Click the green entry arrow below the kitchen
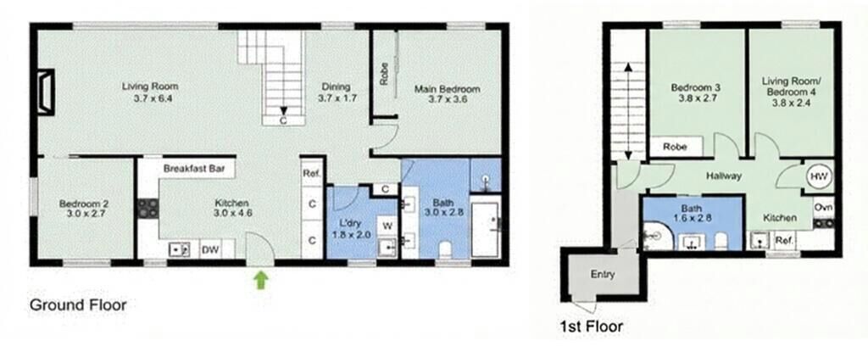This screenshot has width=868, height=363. point(262,279)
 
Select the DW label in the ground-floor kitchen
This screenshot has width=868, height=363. point(209,250)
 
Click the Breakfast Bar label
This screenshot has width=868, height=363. point(194,169)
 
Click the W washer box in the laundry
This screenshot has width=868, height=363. point(387,226)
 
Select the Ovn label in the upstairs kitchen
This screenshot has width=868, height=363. point(822,207)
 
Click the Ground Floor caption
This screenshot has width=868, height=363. point(78,304)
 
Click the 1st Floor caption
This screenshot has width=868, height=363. point(591,327)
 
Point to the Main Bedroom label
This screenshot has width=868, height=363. point(448,89)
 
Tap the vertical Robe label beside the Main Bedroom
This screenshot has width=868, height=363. point(384,75)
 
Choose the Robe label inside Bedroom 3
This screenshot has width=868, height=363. point(675,147)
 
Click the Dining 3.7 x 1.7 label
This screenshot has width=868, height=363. point(337,92)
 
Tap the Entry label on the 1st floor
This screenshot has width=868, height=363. point(603,274)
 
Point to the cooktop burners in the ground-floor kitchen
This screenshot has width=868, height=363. point(147,208)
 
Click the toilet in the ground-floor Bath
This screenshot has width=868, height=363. point(445,249)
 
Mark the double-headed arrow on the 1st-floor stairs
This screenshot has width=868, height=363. point(629,112)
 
